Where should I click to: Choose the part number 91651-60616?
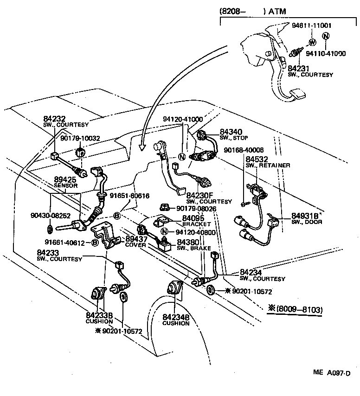coord(129,196)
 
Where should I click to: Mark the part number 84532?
coord(256,159)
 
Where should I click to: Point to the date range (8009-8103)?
coord(296,309)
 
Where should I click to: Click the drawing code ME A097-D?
coord(332,385)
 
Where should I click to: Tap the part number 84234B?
coord(176,317)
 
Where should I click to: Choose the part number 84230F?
coord(200,196)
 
